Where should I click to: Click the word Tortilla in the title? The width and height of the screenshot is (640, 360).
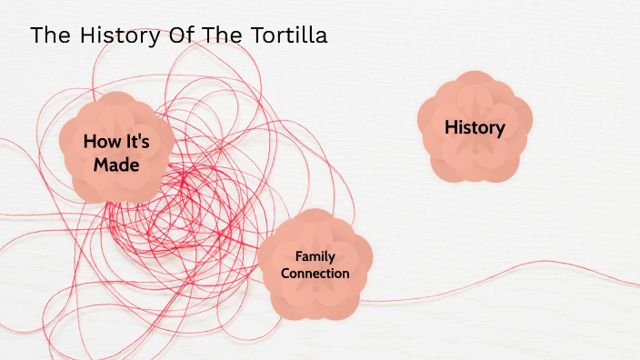(286, 35)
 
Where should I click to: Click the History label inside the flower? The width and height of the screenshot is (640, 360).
(475, 127)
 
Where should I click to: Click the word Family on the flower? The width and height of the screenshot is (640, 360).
(315, 256)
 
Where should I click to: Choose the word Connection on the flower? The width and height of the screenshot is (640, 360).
(315, 273)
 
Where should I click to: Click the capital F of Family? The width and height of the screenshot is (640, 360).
(298, 256)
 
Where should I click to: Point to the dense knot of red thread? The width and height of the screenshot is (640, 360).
(177, 209)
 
